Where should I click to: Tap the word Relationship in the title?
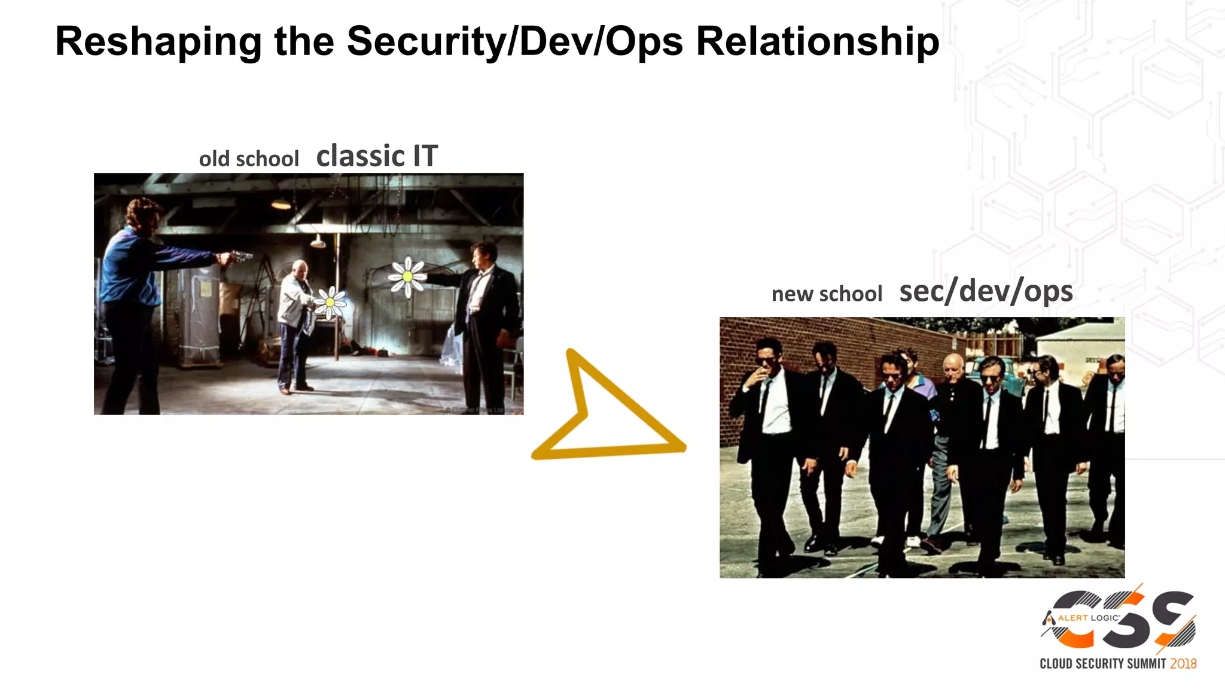point(818,42)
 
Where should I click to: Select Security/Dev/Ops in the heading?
point(514,42)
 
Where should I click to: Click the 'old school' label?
point(249,159)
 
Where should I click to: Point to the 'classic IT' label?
point(377,156)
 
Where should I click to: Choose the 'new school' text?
point(827,294)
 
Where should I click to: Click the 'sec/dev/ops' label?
point(986,291)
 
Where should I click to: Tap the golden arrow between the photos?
point(604,413)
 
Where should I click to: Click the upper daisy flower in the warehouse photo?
point(407,276)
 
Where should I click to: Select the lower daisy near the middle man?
point(330,302)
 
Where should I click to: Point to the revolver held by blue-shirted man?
point(239,257)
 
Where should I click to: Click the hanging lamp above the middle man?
point(318,242)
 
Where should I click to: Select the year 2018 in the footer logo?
point(1183,663)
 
